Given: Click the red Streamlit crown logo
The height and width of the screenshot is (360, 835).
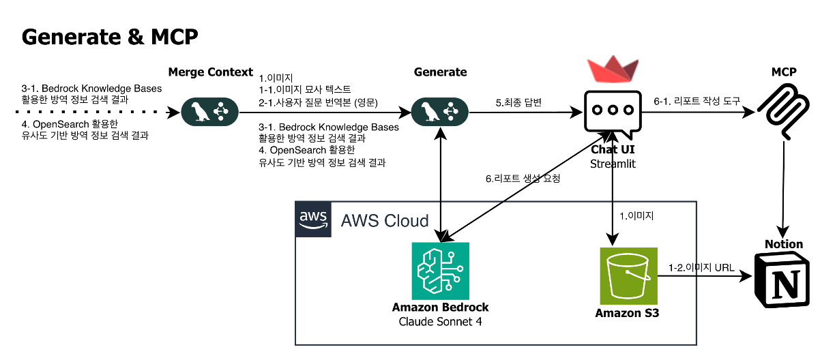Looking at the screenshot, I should [612, 67].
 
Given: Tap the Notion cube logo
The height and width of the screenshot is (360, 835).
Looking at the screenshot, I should [785, 280].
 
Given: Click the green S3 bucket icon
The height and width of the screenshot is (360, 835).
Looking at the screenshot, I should [628, 275].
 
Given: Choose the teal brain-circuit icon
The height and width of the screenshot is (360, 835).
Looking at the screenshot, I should [440, 271].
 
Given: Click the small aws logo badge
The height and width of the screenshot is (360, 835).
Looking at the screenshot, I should [313, 220].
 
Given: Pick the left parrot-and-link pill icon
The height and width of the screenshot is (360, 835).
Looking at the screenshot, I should [209, 112].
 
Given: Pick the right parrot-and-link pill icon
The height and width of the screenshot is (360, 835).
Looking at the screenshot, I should [439, 112].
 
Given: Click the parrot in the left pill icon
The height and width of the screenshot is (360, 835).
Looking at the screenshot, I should [199, 112].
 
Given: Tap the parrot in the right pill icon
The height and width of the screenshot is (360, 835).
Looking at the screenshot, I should [429, 112].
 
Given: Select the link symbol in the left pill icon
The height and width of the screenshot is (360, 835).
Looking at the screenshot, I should [221, 112].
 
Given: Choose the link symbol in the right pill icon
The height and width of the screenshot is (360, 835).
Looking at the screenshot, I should [451, 112].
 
